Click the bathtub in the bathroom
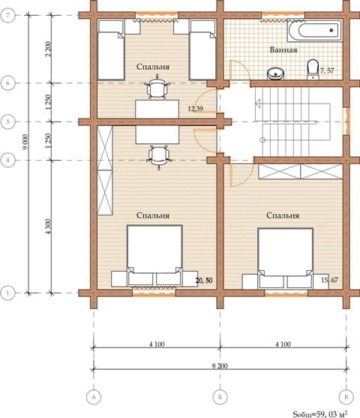[314, 30]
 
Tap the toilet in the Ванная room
[313, 70]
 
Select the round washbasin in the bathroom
[275, 74]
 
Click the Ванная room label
[283, 50]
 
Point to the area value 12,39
[195, 109]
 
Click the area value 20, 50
[204, 281]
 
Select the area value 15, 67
[329, 280]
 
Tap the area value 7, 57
[327, 71]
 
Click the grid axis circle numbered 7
[7, 15]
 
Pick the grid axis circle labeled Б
[220, 397]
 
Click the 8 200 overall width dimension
[220, 365]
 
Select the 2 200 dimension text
[48, 49]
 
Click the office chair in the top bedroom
[157, 88]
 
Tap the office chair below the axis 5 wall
[159, 158]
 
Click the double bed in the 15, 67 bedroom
[286, 258]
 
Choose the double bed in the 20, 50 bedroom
[154, 256]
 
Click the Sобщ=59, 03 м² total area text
[320, 414]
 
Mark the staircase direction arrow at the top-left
[258, 103]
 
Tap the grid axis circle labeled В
[346, 397]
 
